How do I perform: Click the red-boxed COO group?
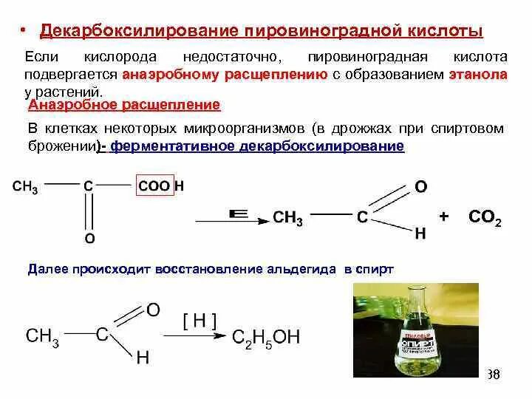(x=154, y=186)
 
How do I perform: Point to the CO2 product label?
(x=485, y=217)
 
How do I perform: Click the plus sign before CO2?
(x=444, y=216)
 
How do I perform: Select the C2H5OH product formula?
(x=266, y=337)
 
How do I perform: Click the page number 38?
(x=494, y=375)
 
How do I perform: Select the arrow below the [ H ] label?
(x=197, y=336)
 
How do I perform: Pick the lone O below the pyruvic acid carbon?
(x=89, y=239)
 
